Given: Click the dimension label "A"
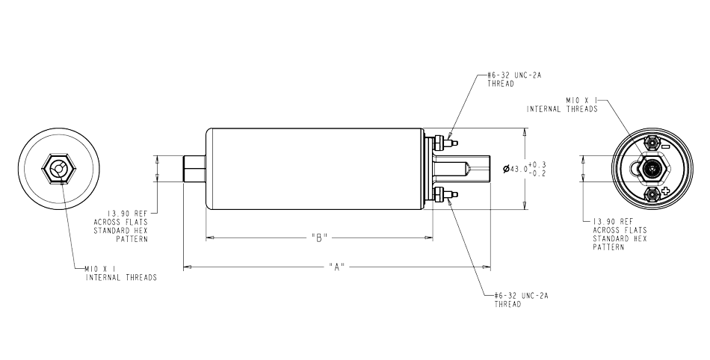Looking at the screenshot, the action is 336,267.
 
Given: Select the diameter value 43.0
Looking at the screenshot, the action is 519,169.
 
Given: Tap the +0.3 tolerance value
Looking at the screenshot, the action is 537,164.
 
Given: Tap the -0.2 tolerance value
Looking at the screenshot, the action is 537,173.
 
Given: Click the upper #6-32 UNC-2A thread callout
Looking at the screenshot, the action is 514,80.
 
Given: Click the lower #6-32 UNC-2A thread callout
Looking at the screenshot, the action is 521,300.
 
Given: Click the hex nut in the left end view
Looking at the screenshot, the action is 59,170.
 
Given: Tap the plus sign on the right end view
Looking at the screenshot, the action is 665,192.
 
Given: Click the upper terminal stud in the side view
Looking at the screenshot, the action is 446,143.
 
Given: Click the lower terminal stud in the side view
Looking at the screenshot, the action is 446,195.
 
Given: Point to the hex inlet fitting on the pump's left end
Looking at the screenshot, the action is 194,169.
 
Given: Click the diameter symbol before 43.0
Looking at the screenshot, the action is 506,169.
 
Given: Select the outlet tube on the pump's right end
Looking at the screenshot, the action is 462,169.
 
